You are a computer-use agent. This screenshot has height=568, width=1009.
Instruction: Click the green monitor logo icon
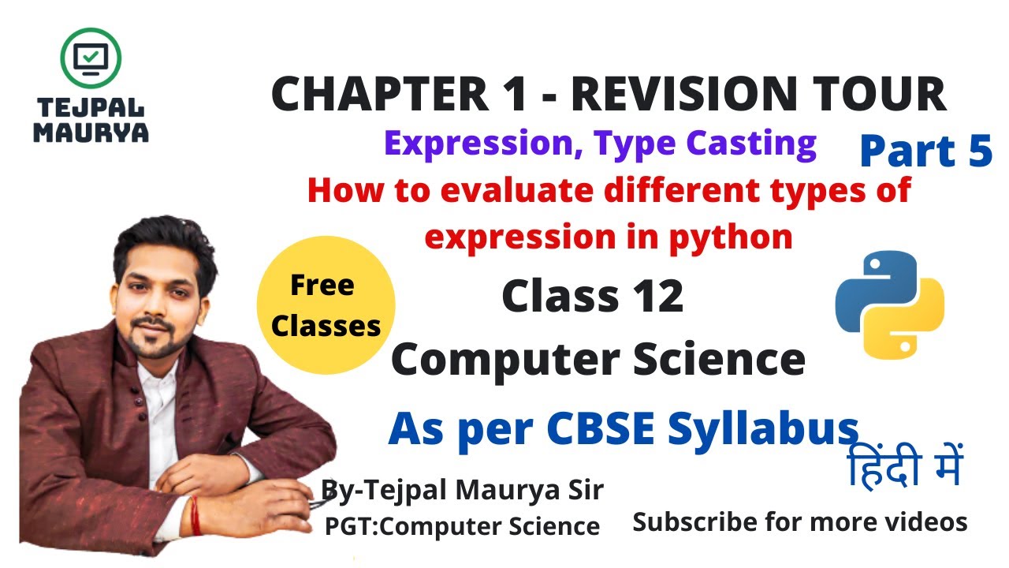click(91, 57)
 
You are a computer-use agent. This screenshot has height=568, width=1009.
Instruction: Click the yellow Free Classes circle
click(326, 305)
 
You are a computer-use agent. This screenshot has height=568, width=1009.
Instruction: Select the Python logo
click(889, 305)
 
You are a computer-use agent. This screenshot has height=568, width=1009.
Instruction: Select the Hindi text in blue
click(904, 467)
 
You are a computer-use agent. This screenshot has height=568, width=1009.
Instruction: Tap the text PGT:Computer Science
click(462, 525)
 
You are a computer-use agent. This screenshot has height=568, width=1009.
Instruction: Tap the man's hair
click(162, 241)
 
